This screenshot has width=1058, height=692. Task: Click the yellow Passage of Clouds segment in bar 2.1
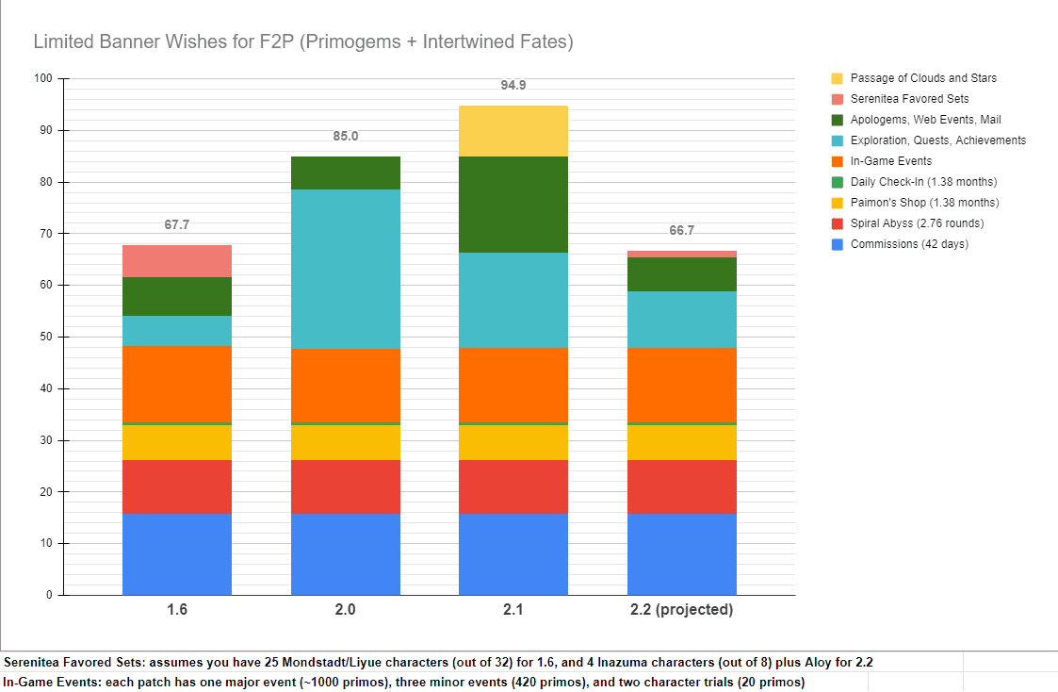(513, 131)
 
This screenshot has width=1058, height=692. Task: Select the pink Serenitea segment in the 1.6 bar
(177, 261)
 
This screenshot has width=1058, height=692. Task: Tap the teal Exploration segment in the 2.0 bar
(346, 269)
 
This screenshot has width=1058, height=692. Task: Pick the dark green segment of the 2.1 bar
(513, 205)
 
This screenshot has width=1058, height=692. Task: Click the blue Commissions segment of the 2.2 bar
(681, 554)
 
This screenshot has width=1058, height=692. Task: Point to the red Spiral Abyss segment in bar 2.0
(346, 486)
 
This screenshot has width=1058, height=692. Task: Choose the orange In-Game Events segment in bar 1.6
(177, 384)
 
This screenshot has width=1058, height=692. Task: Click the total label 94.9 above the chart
(513, 85)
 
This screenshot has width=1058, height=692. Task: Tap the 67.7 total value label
(177, 224)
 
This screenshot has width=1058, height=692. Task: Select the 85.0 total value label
(346, 136)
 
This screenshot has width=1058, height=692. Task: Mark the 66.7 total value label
(681, 230)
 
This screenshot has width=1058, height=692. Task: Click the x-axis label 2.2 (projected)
(681, 610)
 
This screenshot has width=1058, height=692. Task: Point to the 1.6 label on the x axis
(177, 610)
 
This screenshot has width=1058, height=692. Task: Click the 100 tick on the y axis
(43, 78)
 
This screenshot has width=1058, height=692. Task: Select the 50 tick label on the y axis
(46, 337)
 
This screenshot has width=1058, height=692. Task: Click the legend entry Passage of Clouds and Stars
(922, 78)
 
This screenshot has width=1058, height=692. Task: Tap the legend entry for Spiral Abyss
(916, 223)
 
